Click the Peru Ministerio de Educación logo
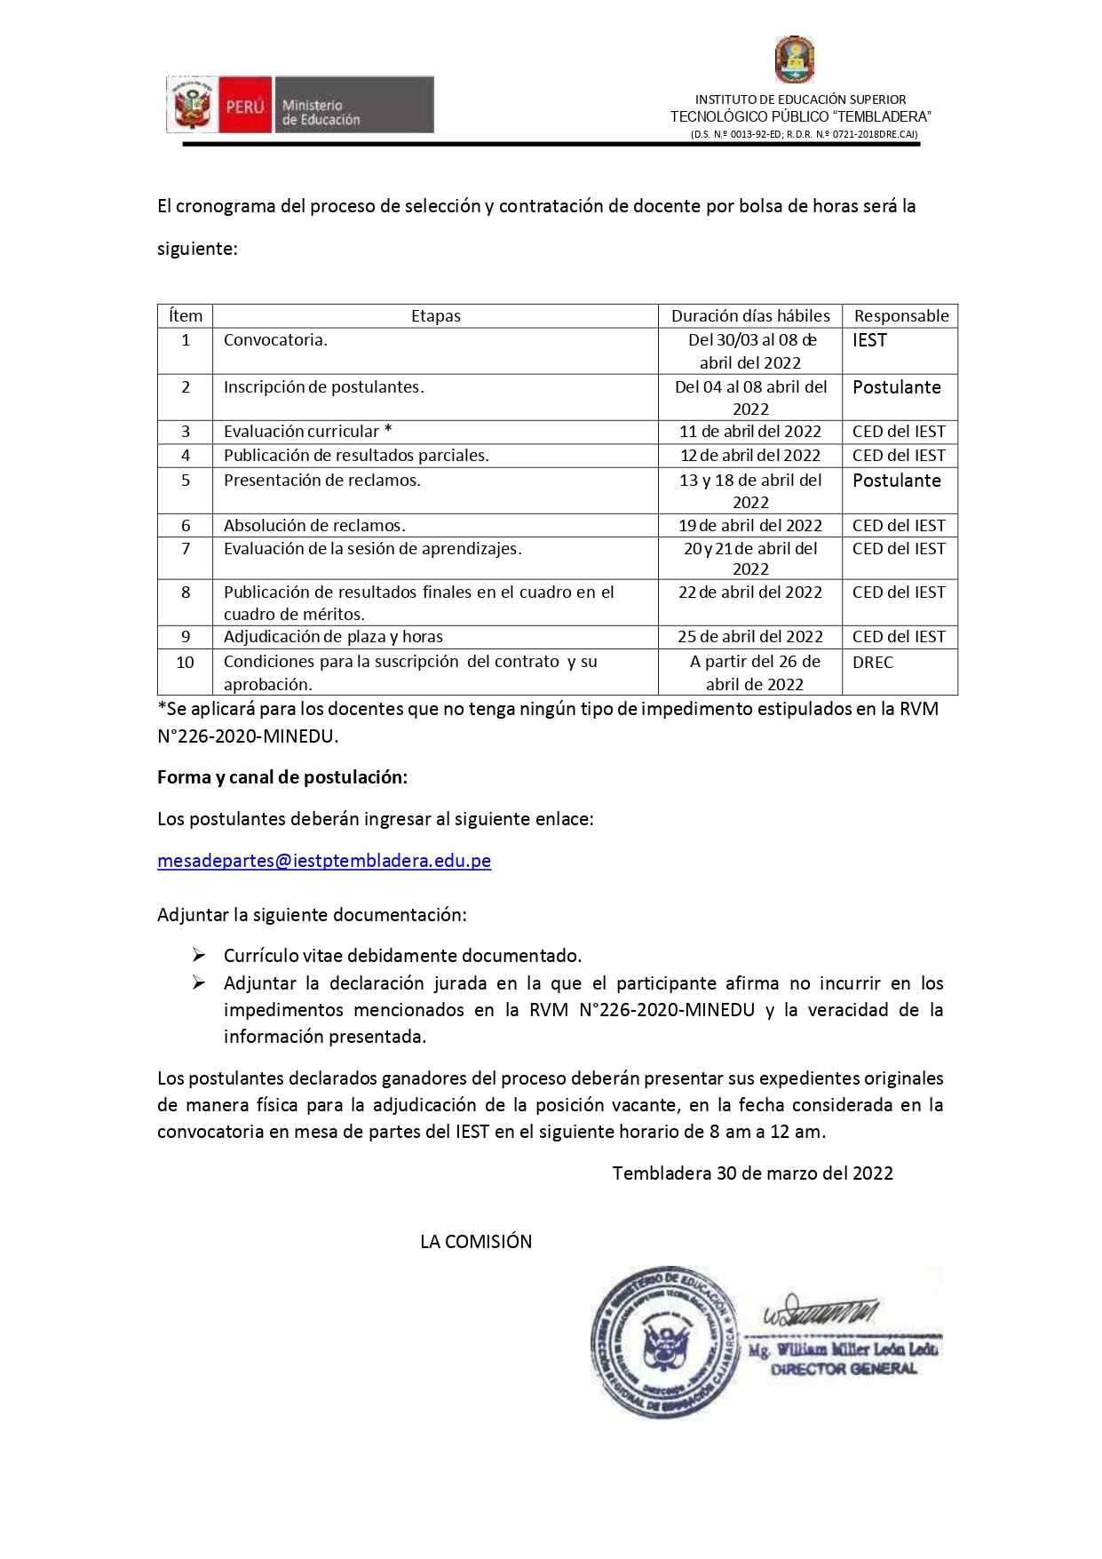point(300,105)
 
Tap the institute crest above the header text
point(794,60)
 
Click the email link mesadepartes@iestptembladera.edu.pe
point(324,861)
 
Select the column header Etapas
point(435,316)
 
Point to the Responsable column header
point(900,316)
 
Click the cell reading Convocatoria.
point(275,340)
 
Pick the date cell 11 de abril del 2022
point(750,432)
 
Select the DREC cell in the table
point(873,663)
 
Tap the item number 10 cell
point(185,663)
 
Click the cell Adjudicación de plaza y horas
point(333,637)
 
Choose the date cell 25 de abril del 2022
point(750,637)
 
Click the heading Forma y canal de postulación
point(282,777)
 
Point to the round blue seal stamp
point(664,1341)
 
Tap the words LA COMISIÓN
point(476,1242)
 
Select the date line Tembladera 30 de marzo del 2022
point(752,1173)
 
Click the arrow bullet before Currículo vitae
point(199,956)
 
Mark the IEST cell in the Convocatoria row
point(869,341)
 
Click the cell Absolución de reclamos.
point(314,526)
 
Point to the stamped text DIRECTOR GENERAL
point(844,1369)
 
